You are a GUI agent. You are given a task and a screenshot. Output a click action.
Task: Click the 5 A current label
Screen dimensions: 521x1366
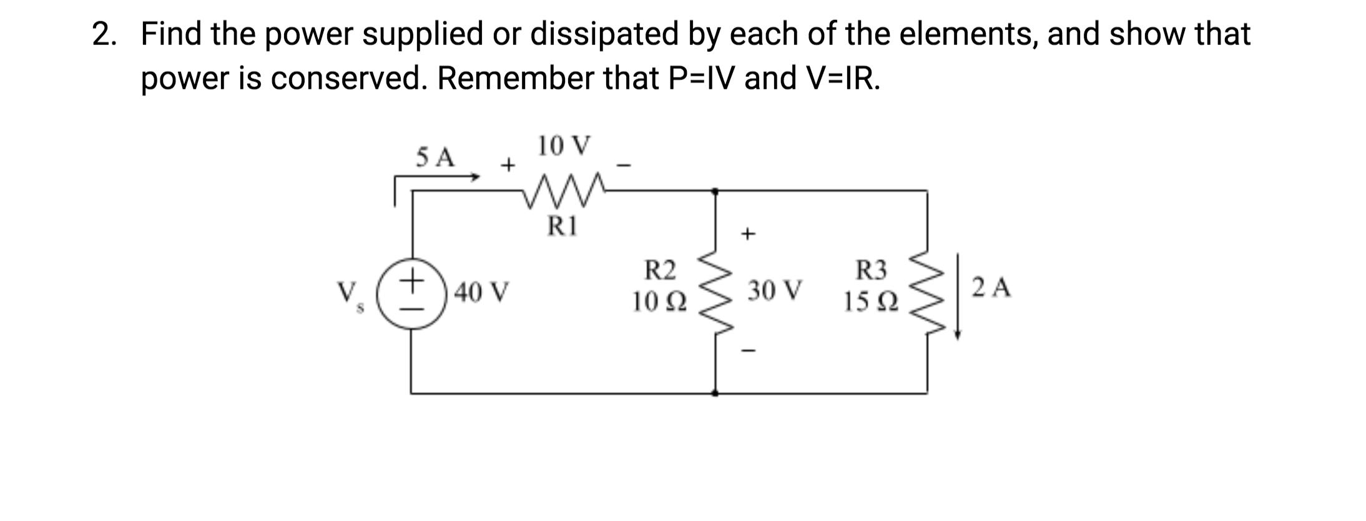click(436, 157)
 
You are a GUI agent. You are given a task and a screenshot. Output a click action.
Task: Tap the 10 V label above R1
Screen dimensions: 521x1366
click(563, 146)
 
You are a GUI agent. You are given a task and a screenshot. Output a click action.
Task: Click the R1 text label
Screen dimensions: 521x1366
click(563, 226)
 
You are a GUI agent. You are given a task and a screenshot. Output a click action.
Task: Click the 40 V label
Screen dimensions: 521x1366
click(481, 292)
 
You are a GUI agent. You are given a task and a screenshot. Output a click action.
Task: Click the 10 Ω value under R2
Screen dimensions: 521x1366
click(659, 302)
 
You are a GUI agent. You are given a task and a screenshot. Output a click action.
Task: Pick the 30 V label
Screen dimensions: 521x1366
click(775, 290)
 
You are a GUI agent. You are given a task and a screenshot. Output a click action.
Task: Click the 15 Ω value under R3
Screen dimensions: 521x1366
click(871, 302)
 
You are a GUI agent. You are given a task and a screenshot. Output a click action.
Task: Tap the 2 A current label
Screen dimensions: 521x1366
click(991, 288)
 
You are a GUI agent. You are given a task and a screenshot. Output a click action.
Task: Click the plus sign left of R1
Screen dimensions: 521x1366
click(508, 165)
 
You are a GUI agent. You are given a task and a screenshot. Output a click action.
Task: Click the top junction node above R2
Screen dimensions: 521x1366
click(715, 191)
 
